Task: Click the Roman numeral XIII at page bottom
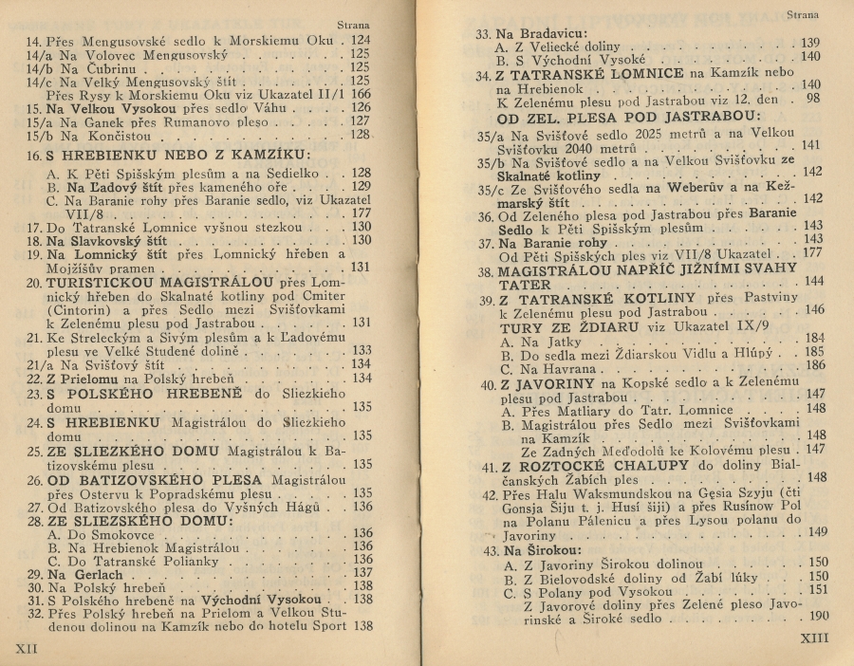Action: point(814,638)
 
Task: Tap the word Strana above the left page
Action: point(354,26)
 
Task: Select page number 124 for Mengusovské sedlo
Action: point(360,41)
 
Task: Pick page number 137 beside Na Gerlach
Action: point(362,573)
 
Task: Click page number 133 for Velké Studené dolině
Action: point(362,349)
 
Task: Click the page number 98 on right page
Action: point(813,98)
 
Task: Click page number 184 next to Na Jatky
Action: point(814,338)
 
